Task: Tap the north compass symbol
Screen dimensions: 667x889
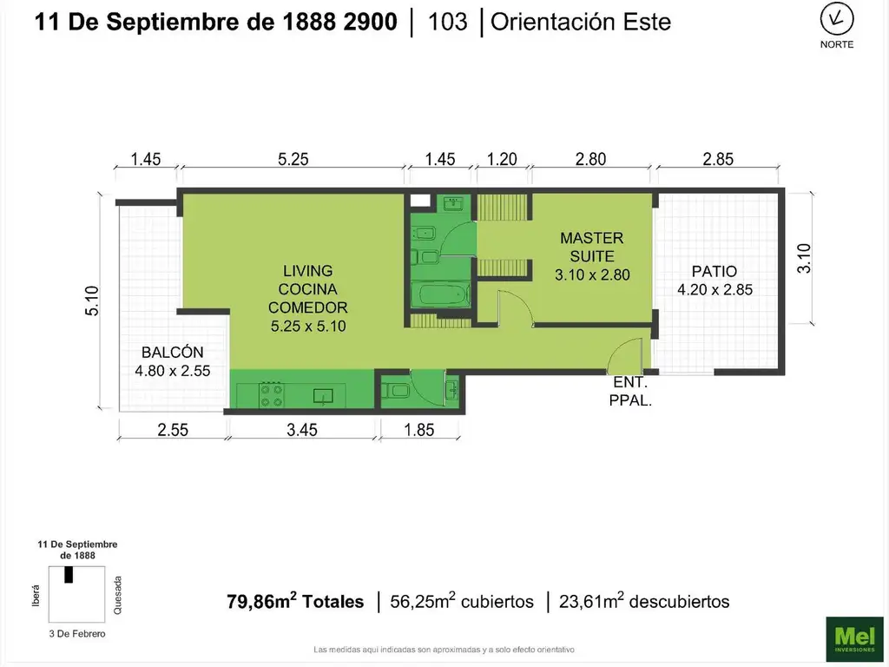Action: (x=837, y=19)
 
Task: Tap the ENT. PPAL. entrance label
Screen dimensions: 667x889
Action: (x=630, y=391)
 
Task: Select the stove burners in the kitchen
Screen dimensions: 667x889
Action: (x=271, y=394)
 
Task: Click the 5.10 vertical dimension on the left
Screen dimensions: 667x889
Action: (x=93, y=301)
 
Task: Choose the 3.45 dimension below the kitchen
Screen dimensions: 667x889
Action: (x=303, y=429)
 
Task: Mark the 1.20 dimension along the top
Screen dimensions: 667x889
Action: (x=502, y=159)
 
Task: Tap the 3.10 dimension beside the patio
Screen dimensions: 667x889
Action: (x=803, y=258)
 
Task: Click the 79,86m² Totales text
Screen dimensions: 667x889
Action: (x=295, y=601)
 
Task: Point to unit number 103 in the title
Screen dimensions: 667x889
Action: (x=447, y=23)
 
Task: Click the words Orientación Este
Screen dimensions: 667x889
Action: (x=581, y=23)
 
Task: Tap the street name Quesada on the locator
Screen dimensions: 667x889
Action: (x=118, y=594)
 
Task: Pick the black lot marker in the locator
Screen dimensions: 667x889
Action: (x=69, y=574)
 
